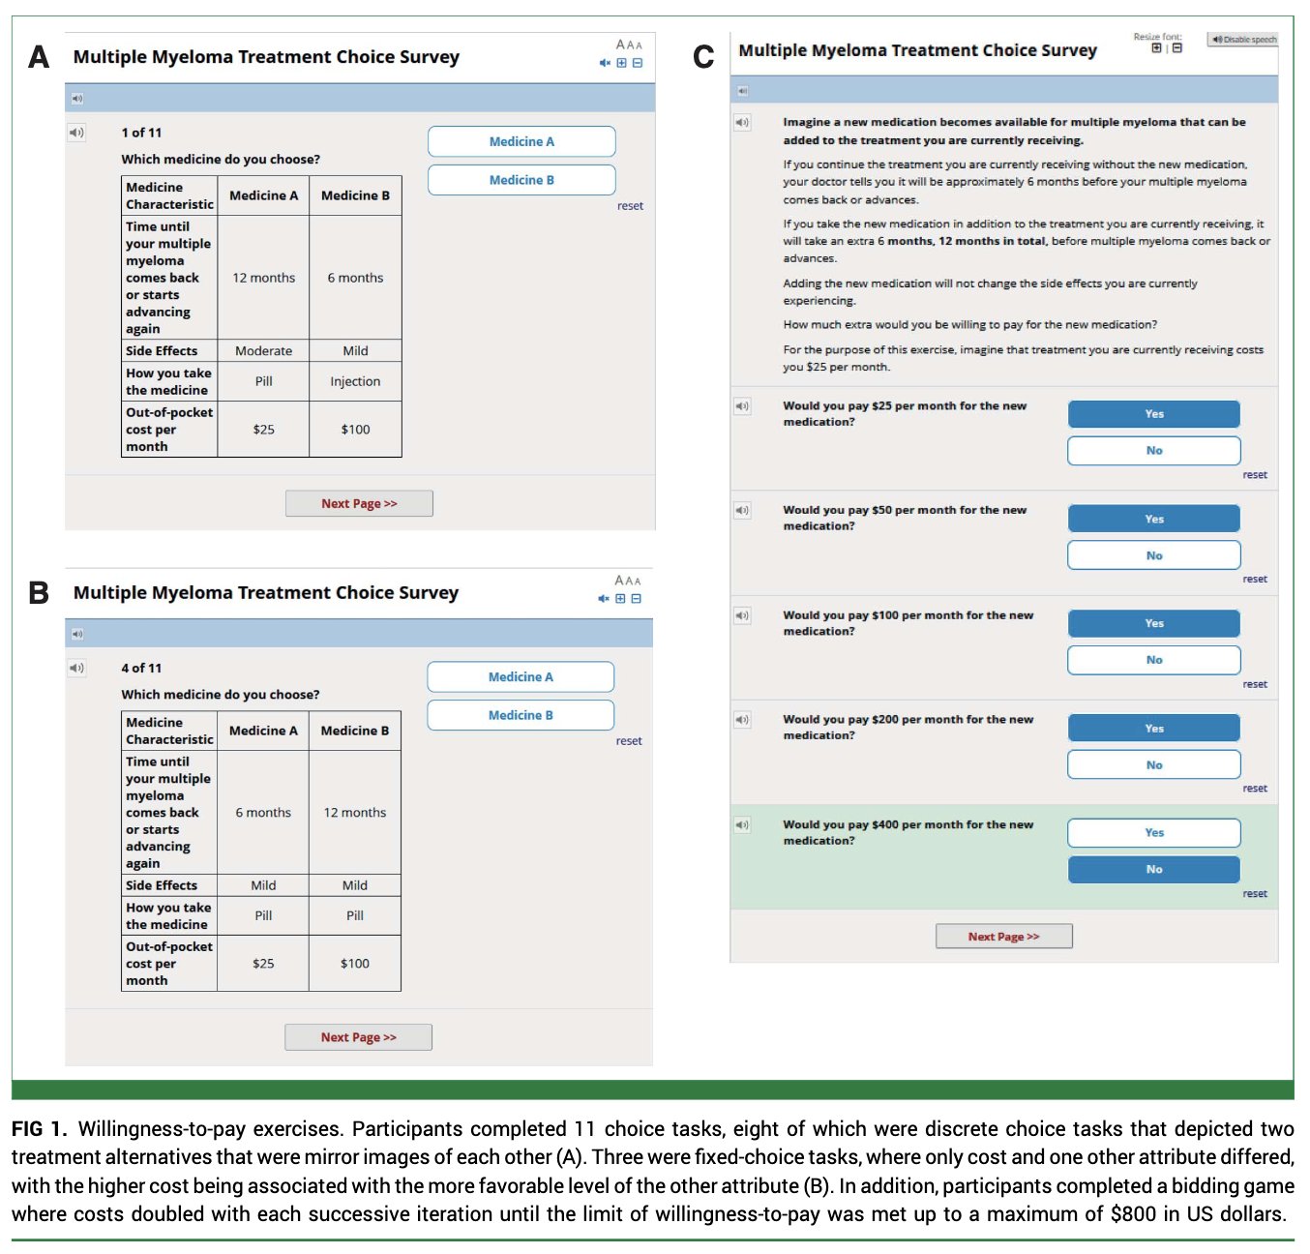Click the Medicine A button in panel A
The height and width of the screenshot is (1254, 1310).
521,141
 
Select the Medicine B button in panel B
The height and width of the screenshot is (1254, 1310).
521,715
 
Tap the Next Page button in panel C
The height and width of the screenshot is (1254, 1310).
1003,937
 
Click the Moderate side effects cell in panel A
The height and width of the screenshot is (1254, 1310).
263,350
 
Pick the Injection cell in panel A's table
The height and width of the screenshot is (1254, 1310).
355,381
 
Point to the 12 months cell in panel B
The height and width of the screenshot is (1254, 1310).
355,813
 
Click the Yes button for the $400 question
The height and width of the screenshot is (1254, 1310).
1154,833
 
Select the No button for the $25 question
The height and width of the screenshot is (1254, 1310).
1154,450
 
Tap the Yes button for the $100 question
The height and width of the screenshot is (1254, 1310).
1154,623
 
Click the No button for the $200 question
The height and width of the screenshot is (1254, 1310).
1154,764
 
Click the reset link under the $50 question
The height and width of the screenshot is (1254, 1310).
1255,579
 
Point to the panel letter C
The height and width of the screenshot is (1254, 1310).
703,56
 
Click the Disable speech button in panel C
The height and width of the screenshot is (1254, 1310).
1242,39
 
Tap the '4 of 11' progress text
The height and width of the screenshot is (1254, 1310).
141,668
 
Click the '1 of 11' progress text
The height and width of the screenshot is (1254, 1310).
141,133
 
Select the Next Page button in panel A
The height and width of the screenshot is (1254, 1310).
359,503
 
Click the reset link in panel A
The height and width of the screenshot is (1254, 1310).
630,206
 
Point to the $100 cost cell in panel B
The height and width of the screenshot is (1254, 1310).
355,963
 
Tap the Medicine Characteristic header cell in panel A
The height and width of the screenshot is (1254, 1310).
169,195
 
